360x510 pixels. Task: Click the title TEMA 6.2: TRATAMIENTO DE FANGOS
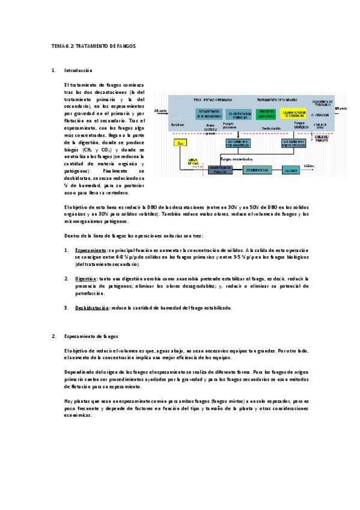point(94,46)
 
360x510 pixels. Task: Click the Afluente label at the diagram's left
point(160,111)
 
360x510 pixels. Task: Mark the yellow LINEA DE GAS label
point(194,162)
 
